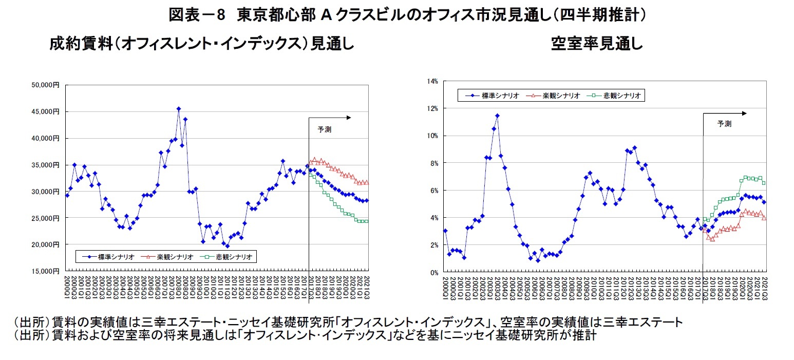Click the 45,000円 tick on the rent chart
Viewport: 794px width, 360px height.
[x=48, y=111]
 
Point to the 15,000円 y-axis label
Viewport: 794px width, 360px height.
[x=48, y=271]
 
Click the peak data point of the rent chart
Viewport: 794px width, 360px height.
[x=178, y=109]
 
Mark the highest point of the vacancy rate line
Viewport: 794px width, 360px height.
[x=497, y=116]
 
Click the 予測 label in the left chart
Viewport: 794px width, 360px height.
[x=325, y=129]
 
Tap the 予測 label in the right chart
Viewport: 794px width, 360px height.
[x=724, y=124]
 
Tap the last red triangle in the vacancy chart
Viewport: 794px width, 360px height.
[x=764, y=218]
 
